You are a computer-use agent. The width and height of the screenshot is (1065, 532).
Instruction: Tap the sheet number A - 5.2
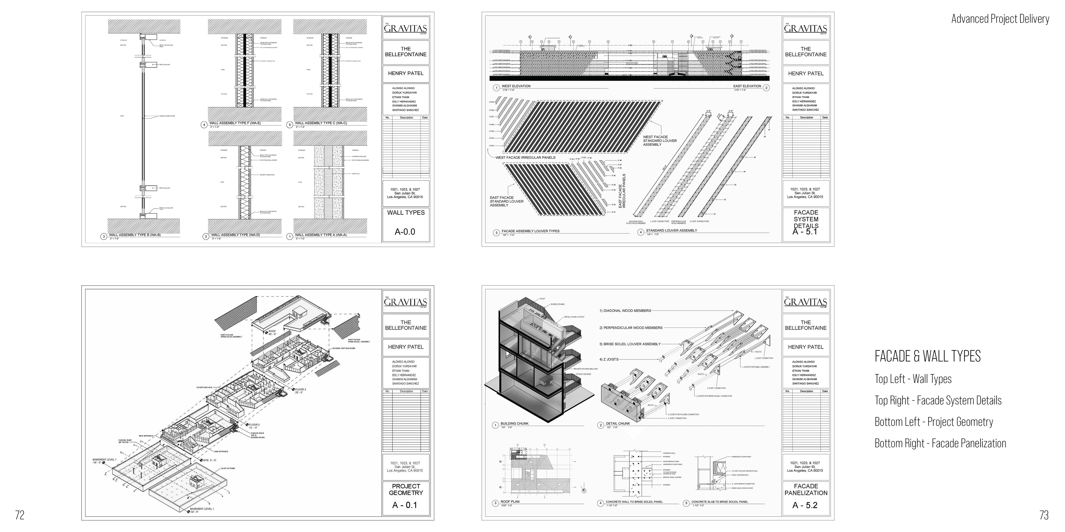tap(805, 505)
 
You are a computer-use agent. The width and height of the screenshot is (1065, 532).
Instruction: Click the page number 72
tap(19, 515)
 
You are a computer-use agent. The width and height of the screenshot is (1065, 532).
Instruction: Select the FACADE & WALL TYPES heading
tap(927, 356)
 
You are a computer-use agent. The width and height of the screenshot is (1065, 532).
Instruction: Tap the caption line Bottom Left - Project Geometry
tap(934, 422)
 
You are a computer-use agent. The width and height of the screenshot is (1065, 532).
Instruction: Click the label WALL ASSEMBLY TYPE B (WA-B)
tap(135, 235)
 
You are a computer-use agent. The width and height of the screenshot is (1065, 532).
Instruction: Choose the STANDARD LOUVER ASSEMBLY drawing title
tap(671, 231)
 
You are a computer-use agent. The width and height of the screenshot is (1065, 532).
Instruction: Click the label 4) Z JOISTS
tap(609, 359)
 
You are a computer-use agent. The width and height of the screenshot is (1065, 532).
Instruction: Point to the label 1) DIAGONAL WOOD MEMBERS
tap(625, 311)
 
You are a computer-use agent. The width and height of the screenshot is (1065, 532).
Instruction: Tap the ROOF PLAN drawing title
tap(510, 502)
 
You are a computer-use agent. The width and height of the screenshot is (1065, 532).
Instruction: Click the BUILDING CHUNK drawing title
tap(514, 423)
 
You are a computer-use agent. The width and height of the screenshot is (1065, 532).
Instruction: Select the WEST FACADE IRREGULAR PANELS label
tap(526, 157)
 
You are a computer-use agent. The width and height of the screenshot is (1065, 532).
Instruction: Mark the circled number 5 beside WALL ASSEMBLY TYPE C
tap(289, 124)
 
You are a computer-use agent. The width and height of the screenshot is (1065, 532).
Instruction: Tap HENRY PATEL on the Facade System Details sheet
tap(805, 73)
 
